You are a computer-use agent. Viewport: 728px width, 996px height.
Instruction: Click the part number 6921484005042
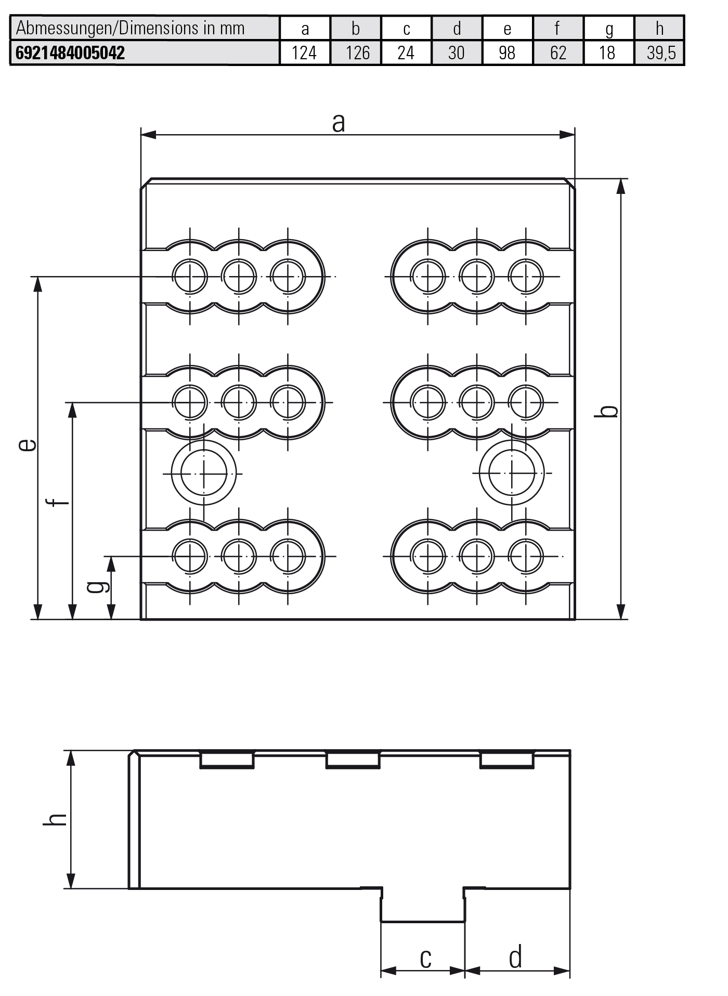(70, 53)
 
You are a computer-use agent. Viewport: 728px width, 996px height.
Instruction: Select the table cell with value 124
(304, 53)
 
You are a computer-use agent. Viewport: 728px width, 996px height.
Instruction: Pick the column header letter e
(507, 29)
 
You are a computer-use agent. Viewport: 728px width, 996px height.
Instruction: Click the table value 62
(558, 53)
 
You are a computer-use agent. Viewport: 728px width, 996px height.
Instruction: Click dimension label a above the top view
(339, 123)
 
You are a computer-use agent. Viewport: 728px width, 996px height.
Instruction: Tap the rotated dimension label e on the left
(27, 444)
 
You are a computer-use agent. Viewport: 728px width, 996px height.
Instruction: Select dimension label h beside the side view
(55, 819)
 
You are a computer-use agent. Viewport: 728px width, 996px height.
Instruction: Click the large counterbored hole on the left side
(203, 473)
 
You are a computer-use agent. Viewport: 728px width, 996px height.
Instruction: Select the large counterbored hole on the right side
(512, 473)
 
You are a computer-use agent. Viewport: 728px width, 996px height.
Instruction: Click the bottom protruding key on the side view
(423, 906)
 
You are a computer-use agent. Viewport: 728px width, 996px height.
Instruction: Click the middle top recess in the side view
(353, 759)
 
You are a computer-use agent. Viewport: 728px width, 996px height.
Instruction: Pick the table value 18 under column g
(607, 53)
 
